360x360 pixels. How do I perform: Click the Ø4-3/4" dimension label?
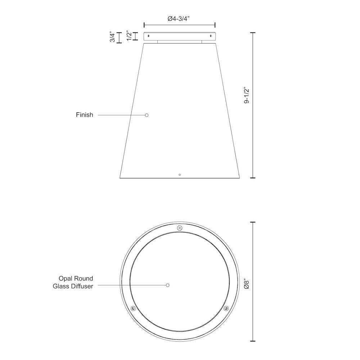tap(179, 19)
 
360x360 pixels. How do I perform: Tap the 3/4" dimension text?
tap(113, 38)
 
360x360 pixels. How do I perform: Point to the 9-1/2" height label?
tap(247, 95)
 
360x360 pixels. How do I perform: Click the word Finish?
tap(84, 115)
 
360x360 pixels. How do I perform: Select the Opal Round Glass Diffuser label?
tap(76, 282)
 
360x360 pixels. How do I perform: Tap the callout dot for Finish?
tap(147, 115)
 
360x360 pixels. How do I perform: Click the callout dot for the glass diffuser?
tap(168, 285)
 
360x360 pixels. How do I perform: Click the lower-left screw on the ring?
tap(134, 309)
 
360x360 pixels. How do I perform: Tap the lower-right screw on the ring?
tap(226, 309)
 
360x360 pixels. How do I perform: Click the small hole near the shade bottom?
tap(180, 175)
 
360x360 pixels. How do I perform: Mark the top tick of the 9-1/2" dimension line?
tap(253, 33)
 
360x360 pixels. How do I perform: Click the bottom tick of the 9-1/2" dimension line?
tap(253, 178)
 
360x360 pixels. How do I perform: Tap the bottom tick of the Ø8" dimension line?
tap(253, 341)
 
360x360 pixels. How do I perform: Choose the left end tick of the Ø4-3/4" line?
tap(144, 25)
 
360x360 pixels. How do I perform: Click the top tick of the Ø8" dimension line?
tap(253, 222)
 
